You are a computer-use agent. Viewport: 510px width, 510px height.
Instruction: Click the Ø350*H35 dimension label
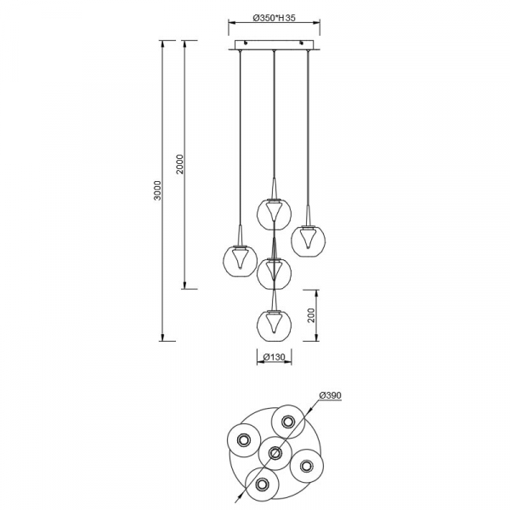tap(275, 18)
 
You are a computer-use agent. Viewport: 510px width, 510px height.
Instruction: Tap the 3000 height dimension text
tap(157, 190)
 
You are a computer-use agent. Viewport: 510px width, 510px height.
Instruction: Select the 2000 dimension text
tap(180, 165)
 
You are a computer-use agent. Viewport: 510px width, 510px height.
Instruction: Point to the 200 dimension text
tap(312, 315)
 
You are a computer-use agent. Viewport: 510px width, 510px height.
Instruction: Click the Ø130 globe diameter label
tap(275, 357)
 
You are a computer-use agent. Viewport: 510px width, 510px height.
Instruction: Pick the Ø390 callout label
tap(331, 395)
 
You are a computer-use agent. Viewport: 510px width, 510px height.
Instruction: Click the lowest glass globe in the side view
tap(275, 325)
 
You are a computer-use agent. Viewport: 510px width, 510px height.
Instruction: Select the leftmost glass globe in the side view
tap(240, 260)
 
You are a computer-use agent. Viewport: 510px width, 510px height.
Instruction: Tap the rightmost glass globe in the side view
tap(308, 240)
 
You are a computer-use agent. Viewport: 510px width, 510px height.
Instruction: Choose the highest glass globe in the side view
tap(275, 213)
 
